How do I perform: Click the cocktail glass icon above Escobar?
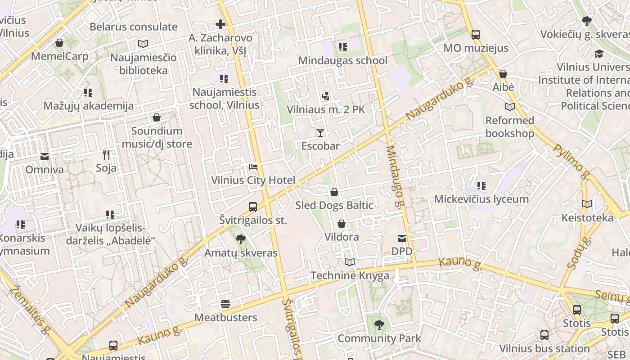(x=320, y=132)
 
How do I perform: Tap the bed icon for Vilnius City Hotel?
(x=253, y=167)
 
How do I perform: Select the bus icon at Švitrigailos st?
(x=253, y=207)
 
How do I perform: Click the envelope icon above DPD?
(x=401, y=238)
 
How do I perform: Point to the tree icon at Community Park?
(x=379, y=324)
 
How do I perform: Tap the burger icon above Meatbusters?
(x=225, y=304)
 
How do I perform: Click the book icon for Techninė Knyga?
(x=350, y=262)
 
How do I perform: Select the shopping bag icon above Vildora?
(x=342, y=224)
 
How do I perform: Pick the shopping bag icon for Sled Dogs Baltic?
(x=334, y=192)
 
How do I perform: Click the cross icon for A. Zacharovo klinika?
(x=220, y=24)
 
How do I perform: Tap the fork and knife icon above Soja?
(x=106, y=155)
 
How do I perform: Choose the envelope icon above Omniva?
(x=45, y=157)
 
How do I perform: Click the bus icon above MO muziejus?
(x=476, y=35)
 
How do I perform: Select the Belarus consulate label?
(x=134, y=27)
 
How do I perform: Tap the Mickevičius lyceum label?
(x=481, y=199)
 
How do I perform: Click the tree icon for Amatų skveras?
(x=241, y=239)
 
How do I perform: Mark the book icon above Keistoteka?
(x=587, y=204)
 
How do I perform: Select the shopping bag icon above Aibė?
(x=503, y=74)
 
